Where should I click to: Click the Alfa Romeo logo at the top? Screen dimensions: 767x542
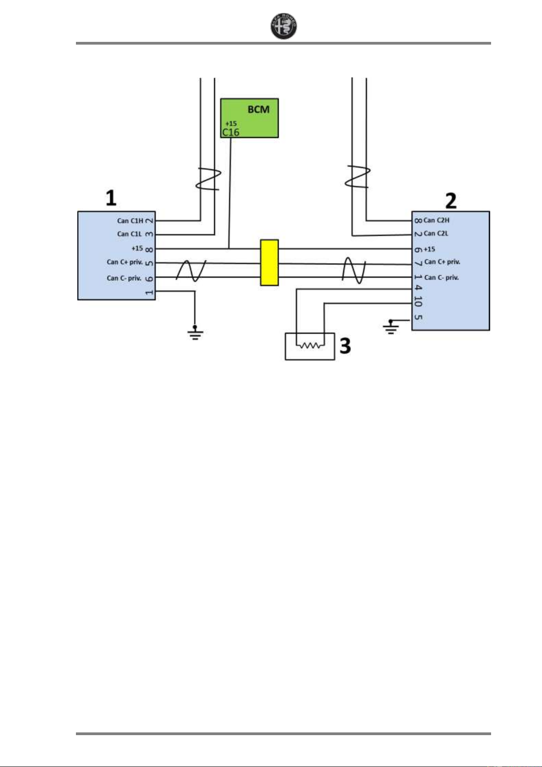[x=284, y=26]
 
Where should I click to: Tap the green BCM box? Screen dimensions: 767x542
[x=249, y=118]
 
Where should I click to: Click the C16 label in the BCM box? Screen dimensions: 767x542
[x=231, y=132]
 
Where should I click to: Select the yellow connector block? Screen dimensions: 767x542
[x=269, y=263]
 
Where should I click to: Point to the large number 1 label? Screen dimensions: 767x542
[x=111, y=198]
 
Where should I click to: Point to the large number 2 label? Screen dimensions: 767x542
[x=450, y=201]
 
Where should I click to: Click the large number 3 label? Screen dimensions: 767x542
[x=346, y=346]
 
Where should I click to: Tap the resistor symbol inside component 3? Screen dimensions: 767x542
[x=310, y=345]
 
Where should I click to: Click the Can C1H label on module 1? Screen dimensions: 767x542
[x=130, y=221]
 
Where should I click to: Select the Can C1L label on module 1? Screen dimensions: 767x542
[x=130, y=234]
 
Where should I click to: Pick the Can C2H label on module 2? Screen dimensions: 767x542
[x=436, y=220]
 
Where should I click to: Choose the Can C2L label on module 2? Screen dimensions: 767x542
[x=436, y=234]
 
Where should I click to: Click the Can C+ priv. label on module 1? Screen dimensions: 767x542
[x=125, y=262]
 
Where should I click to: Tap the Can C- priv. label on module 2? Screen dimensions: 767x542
[x=442, y=278]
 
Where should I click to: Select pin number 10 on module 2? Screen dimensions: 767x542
[x=418, y=301]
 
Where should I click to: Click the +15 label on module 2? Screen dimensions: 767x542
[x=429, y=249]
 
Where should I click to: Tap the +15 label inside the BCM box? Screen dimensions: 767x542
[x=231, y=123]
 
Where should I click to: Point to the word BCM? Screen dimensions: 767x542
[x=258, y=110]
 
